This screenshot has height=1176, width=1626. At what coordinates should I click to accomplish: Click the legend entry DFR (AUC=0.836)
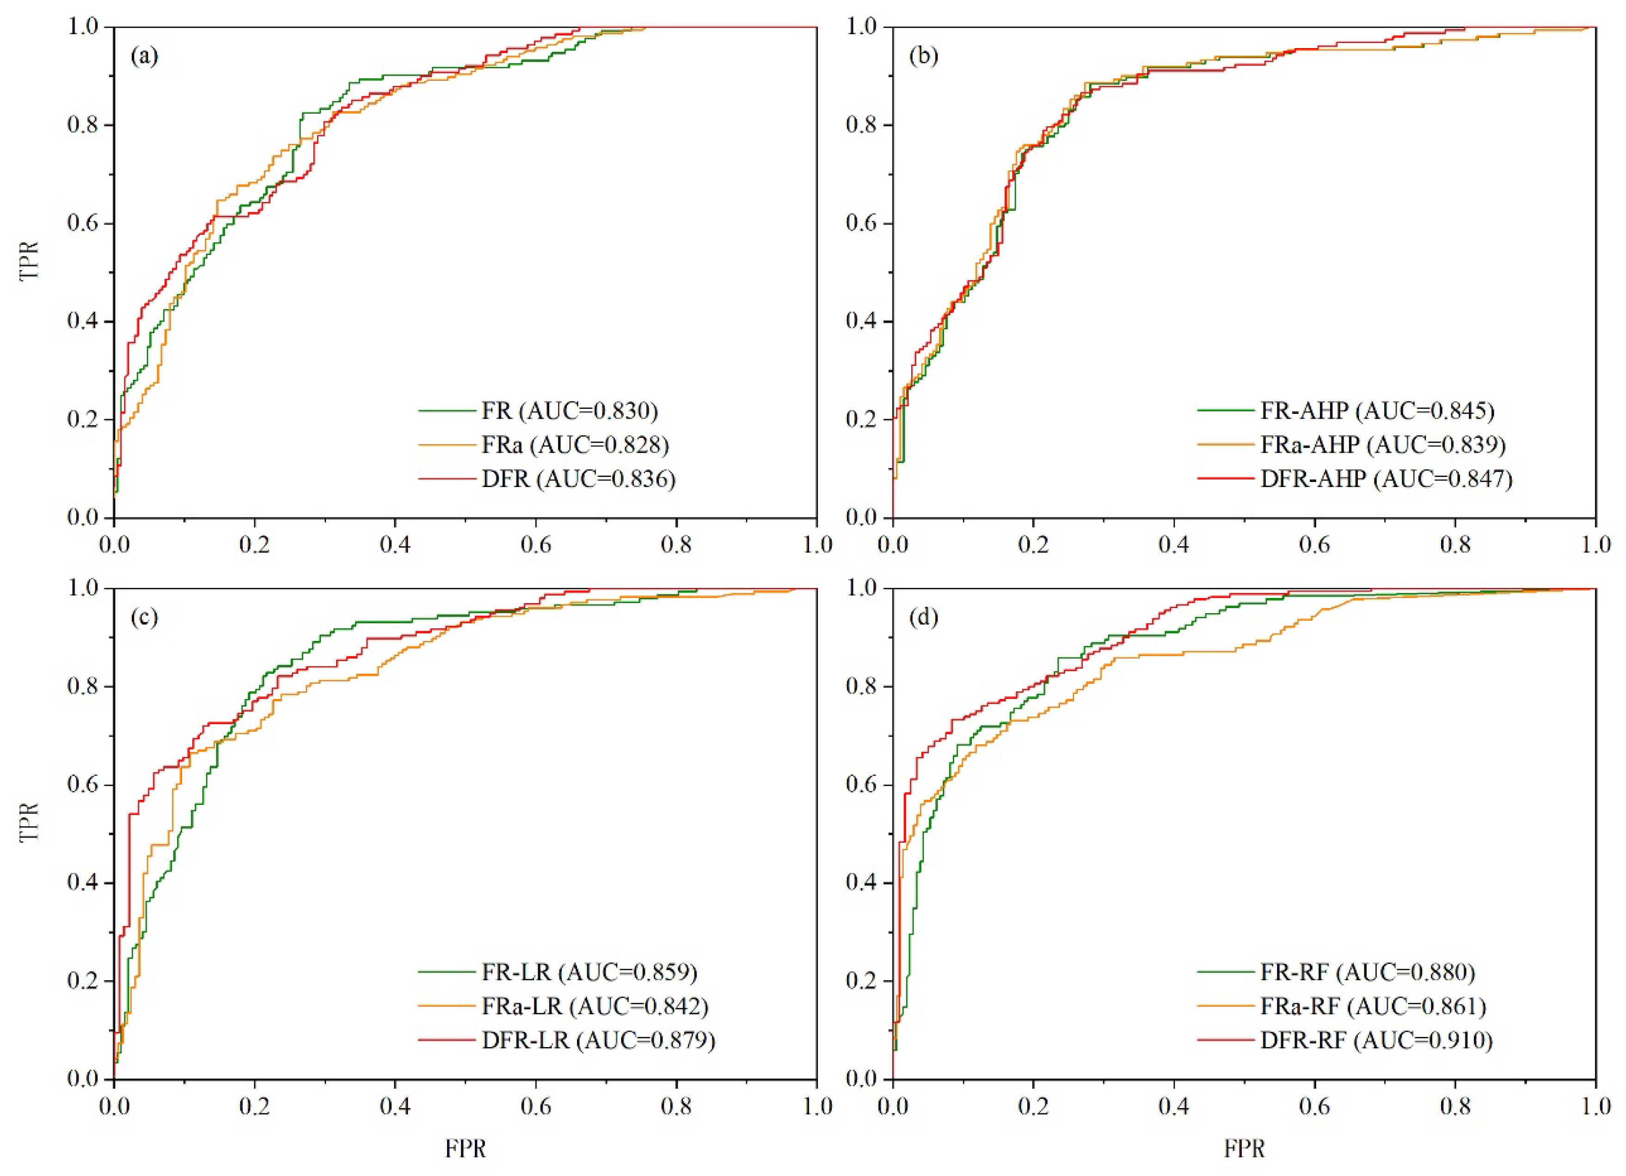[578, 479]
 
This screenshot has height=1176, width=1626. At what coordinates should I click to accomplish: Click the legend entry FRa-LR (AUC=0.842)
[595, 1006]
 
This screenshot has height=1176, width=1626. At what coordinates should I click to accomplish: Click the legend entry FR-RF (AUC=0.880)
[1367, 973]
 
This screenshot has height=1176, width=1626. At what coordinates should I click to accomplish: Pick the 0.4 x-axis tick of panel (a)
[395, 545]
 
